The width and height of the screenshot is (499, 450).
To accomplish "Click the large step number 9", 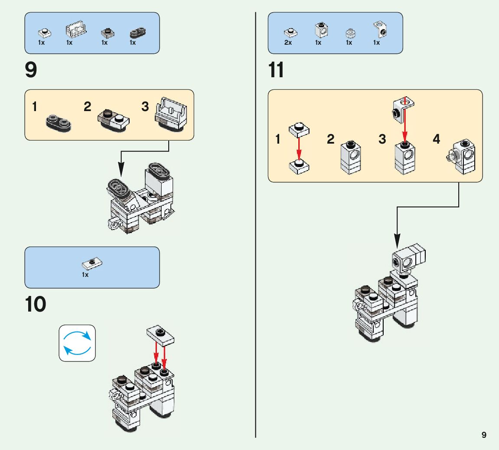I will coord(31,70).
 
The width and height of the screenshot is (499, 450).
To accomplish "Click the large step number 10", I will coord(35,305).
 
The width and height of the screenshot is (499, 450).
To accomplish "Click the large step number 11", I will coord(276,70).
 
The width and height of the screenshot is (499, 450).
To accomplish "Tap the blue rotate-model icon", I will coord(77,343).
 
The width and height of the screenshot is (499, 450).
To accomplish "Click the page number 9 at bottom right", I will coord(484,435).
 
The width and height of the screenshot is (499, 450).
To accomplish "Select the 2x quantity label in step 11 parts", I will coord(288,43).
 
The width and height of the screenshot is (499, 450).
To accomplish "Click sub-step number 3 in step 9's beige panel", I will coord(145,107).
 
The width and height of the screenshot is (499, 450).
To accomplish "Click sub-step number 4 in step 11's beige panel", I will coord(436,139).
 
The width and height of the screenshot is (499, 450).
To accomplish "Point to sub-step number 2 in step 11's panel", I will coord(331,139).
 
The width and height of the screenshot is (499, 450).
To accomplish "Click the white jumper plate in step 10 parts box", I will coord(91,263).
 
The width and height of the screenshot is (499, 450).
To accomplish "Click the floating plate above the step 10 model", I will coord(161,335).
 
